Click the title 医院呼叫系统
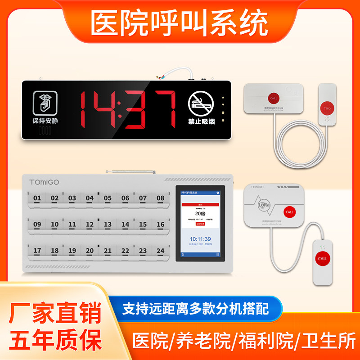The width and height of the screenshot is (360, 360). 180,22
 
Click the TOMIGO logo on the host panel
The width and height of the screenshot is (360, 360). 44,182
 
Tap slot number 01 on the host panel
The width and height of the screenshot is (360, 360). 37,198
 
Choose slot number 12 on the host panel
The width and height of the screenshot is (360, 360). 90,225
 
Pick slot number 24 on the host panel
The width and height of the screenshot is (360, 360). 161,251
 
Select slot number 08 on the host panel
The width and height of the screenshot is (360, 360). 161,198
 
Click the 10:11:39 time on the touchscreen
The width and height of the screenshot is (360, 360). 200,238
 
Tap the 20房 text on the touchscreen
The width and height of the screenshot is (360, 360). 200,214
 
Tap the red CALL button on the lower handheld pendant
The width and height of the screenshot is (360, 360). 323,259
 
